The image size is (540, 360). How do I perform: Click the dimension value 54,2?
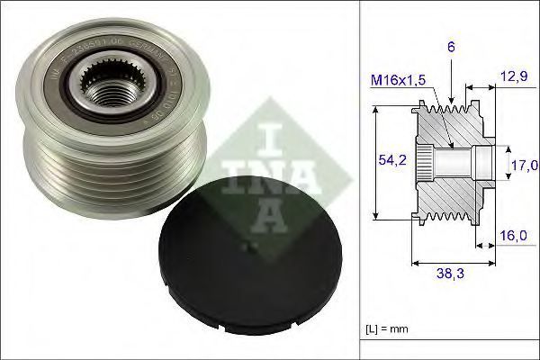[387, 160]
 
